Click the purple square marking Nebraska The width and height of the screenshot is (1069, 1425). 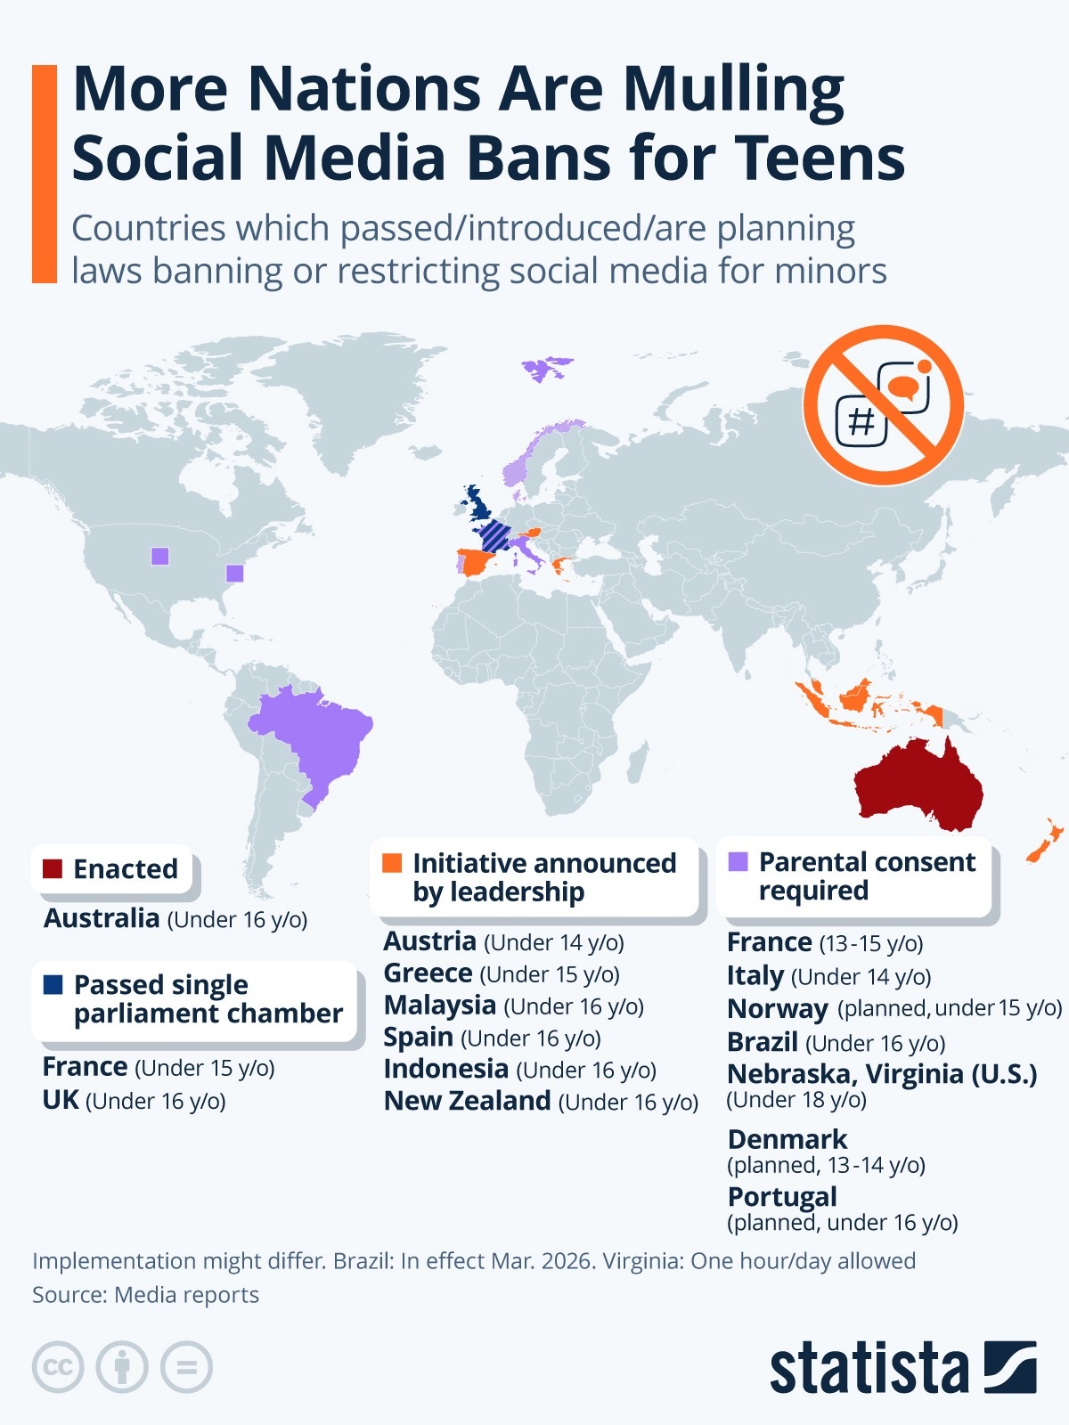point(160,556)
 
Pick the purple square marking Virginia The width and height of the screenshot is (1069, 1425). point(234,573)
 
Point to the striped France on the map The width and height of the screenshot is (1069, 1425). point(494,537)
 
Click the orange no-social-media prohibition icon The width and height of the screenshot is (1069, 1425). point(883,405)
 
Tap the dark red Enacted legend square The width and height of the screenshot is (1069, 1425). point(53,868)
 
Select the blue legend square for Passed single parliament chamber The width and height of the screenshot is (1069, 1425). point(53,984)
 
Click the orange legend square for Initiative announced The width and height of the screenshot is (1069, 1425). point(392,863)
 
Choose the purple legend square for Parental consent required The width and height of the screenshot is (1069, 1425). point(738,861)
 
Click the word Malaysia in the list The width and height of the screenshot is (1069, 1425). point(439,1005)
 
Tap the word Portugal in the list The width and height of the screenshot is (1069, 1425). point(782,1196)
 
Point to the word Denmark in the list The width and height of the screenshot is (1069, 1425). point(787,1139)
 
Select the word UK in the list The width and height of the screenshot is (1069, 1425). point(61,1100)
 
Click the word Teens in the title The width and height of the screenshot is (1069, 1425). point(820,158)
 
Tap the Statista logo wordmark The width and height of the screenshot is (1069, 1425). point(869,1367)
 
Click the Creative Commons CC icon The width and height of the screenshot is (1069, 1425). point(58,1367)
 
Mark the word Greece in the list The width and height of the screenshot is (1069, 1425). point(428,973)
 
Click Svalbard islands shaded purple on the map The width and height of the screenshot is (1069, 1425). point(544,367)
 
